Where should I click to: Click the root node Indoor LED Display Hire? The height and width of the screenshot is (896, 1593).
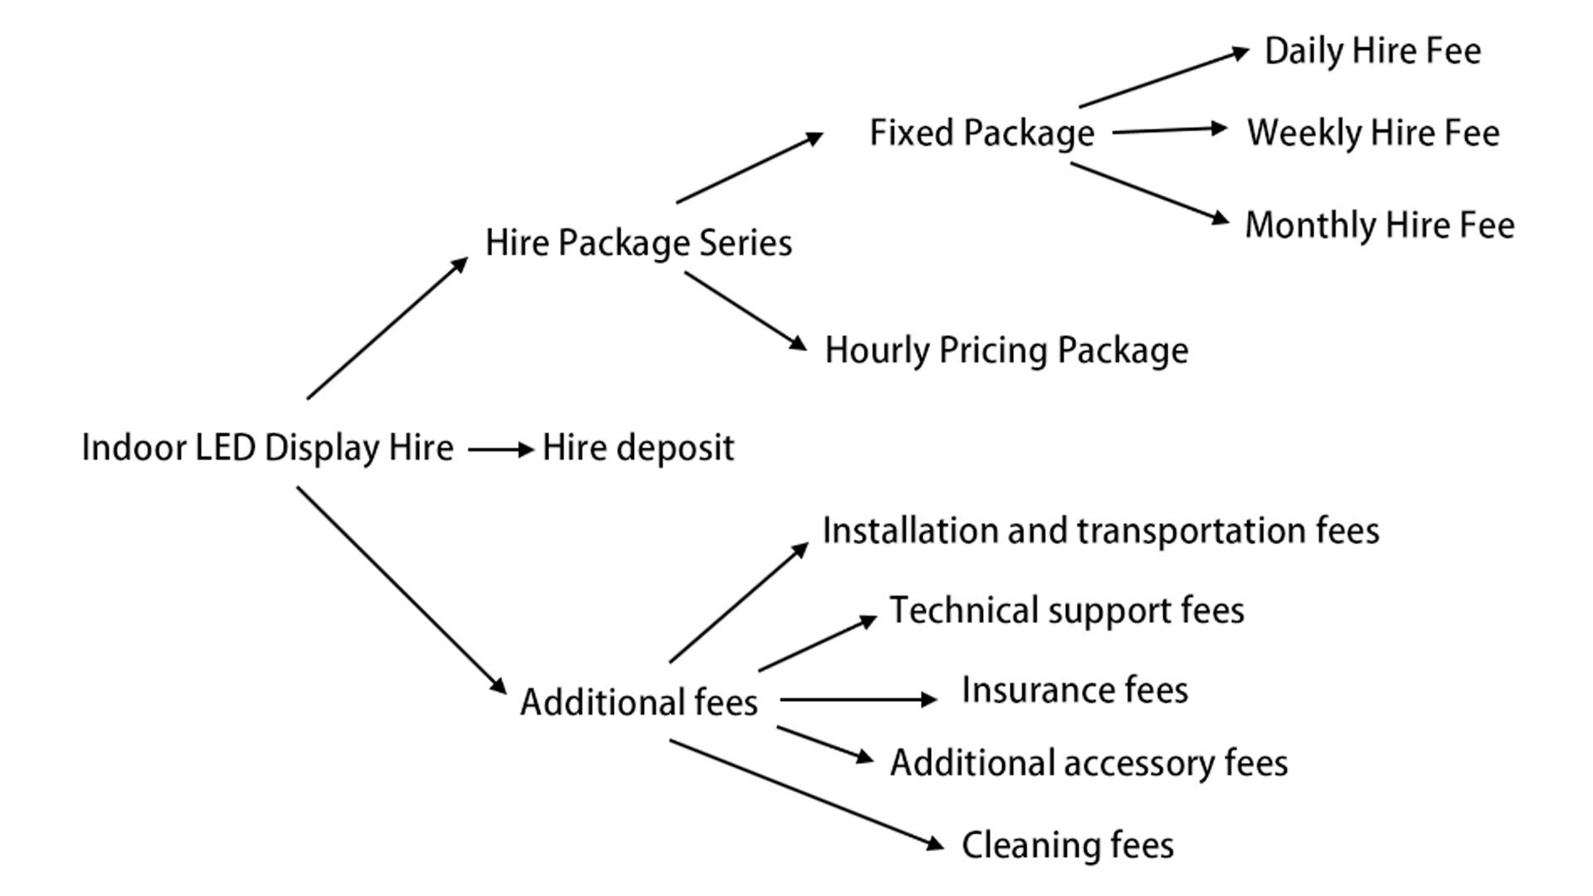(x=267, y=448)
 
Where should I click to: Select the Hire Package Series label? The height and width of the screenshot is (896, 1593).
(x=638, y=243)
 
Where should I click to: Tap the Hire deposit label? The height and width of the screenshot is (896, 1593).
(x=638, y=448)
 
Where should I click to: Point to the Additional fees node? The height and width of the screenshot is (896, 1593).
(x=639, y=702)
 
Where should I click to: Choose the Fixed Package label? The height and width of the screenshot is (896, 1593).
(x=982, y=134)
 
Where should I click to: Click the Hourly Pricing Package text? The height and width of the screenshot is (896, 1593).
(x=1006, y=350)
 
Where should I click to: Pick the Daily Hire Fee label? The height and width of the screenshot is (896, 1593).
(x=1372, y=51)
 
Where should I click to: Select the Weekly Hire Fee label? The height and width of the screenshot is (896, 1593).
(x=1373, y=134)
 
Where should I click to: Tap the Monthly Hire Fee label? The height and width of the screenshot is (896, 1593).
(x=1380, y=225)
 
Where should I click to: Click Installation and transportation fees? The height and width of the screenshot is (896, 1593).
(x=1100, y=531)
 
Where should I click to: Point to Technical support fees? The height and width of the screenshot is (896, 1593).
(x=1067, y=611)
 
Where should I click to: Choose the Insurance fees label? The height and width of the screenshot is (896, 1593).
(x=1074, y=690)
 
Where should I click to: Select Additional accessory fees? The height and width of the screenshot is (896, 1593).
(x=1089, y=763)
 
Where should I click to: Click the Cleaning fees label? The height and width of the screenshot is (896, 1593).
(x=1067, y=845)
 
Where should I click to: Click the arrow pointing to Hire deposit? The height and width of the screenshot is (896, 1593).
(x=501, y=450)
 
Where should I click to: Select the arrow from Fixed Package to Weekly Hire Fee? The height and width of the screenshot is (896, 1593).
(x=1170, y=130)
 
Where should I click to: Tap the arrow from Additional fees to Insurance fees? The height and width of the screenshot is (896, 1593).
(x=859, y=699)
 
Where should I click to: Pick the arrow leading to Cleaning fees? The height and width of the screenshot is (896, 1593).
(x=807, y=795)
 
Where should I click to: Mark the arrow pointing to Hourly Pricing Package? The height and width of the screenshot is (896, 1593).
(x=745, y=311)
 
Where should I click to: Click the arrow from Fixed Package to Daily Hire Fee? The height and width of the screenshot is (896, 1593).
(x=1164, y=78)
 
